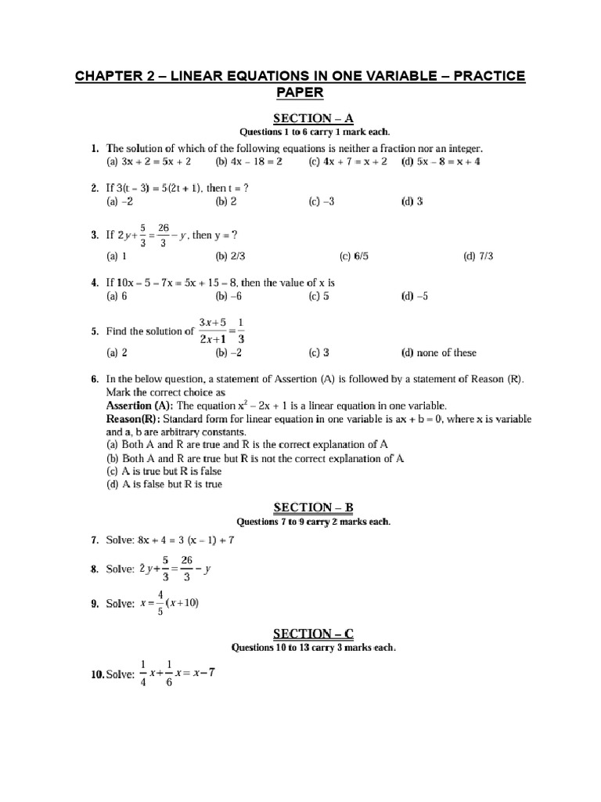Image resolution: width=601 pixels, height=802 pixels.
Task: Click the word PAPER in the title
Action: (300, 93)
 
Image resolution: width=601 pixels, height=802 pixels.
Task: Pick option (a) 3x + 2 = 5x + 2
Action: (148, 162)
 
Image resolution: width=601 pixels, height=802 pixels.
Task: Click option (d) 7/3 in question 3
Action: (479, 256)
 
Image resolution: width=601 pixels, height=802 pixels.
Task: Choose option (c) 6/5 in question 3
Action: (355, 256)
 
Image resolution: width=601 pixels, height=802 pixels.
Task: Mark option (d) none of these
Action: (438, 352)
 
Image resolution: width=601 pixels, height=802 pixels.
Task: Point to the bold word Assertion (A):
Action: (140, 406)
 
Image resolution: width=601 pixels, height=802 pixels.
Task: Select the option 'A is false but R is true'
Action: (164, 484)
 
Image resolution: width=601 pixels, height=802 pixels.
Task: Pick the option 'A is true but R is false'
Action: (164, 471)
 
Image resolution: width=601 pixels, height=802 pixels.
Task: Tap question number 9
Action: (94, 605)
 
